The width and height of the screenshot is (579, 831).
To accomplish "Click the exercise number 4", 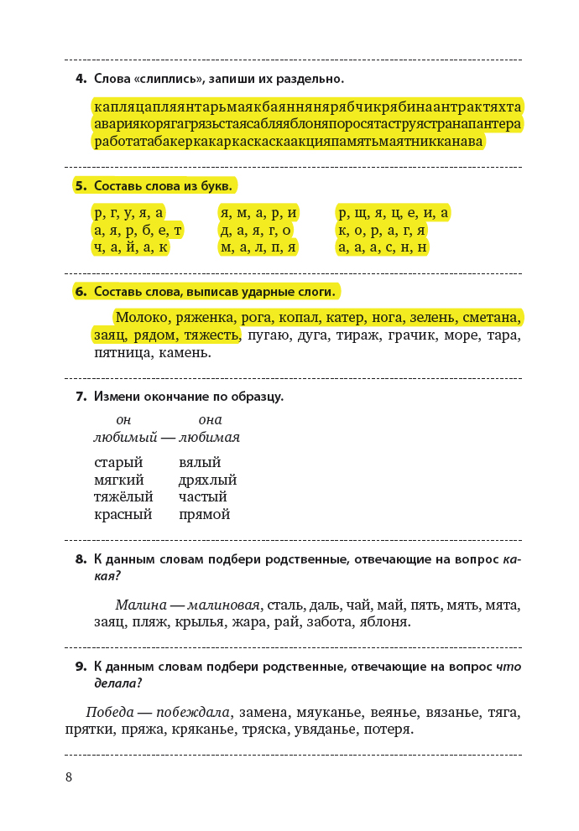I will pos(81,80).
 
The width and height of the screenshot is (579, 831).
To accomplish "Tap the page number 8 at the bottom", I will pos(69,777).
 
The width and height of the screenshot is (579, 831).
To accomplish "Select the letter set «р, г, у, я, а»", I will pos(129,213).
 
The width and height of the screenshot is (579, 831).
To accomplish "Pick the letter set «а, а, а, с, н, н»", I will pos(382,247).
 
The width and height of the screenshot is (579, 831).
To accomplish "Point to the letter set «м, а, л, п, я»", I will pos(258,247).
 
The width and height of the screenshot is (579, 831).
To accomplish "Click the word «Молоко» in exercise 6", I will pos(143,318).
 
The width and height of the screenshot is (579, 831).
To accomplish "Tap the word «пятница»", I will pos(122,353).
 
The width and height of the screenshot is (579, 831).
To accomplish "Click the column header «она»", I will pos(210,419).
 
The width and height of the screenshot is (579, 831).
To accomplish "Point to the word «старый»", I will pos(118,462).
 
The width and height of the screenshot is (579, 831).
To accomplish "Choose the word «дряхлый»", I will pos(207,480).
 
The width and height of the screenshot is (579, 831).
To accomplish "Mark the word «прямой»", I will pos(204,515).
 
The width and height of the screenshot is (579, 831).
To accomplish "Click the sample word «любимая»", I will pos(209,437).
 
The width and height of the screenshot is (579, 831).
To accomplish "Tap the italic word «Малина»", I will pos(139,605).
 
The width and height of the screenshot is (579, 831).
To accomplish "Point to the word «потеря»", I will pos(387,730).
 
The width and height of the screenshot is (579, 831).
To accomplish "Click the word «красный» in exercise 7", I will pos(123,515).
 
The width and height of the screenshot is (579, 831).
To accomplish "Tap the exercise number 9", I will pos(81,667).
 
